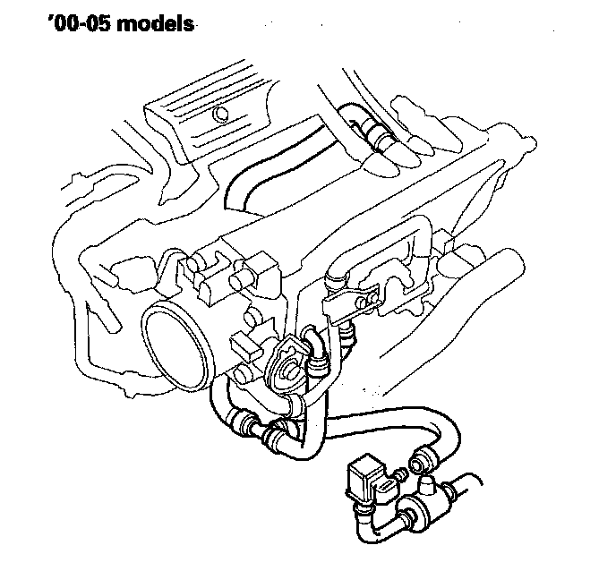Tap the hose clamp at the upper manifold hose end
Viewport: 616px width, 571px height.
point(382,138)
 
